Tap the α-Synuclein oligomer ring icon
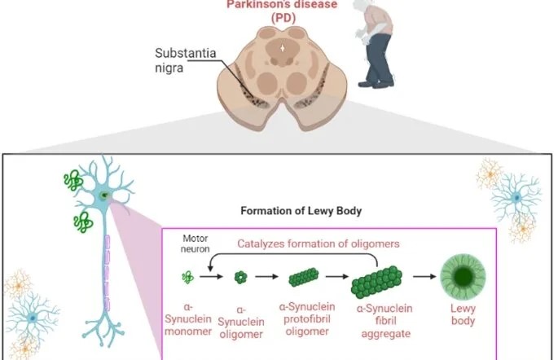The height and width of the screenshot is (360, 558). coord(239,279)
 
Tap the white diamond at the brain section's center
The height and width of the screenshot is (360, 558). coord(283,48)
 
